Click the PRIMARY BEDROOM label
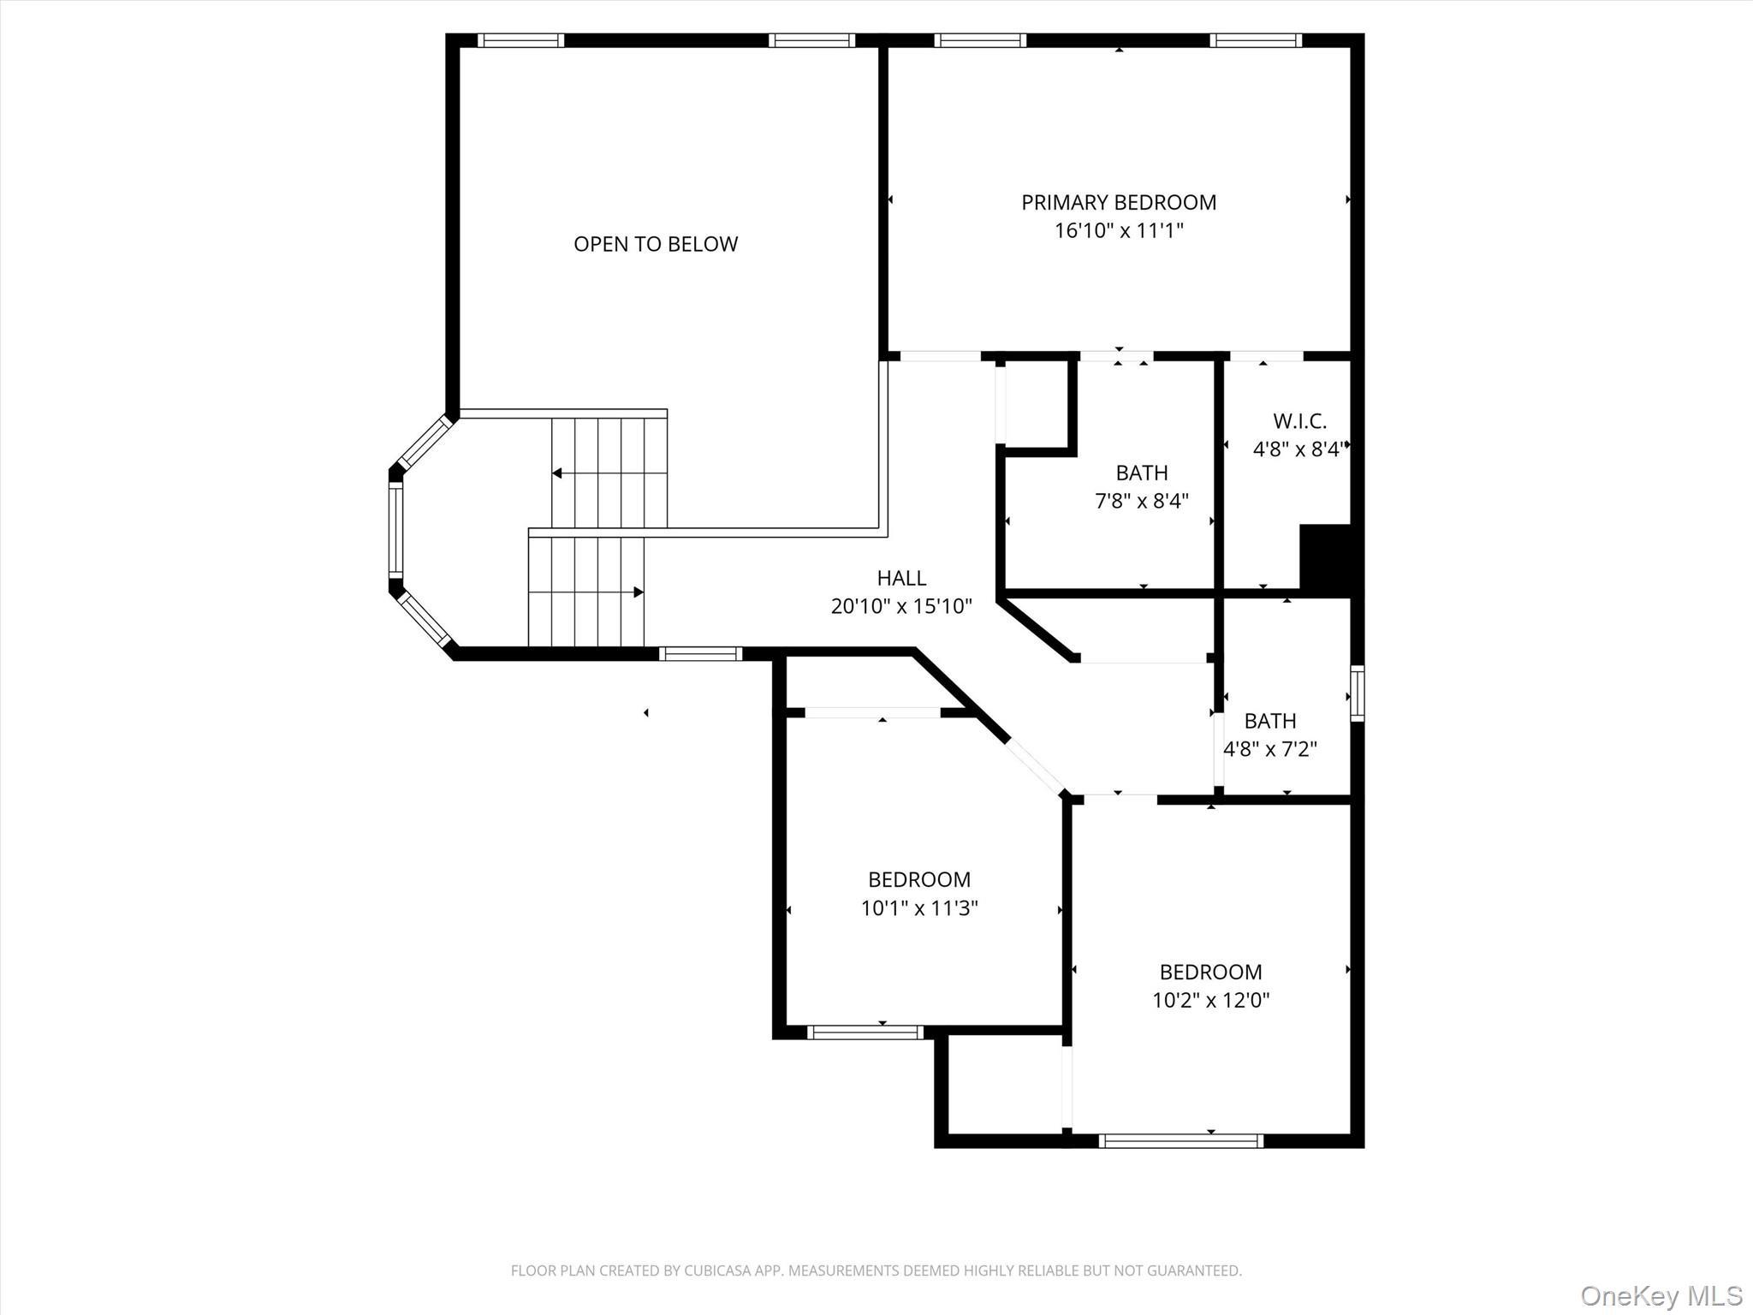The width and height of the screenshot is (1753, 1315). (1118, 203)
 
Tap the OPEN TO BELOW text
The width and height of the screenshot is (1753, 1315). (656, 244)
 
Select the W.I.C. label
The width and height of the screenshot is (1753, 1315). (1299, 421)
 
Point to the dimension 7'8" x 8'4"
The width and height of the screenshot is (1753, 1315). (1142, 501)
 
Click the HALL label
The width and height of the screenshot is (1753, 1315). (901, 578)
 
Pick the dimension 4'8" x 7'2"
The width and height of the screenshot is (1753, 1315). (1269, 749)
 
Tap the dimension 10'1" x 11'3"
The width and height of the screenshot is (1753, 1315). (919, 907)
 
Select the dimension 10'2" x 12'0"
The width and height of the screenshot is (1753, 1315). (1210, 1000)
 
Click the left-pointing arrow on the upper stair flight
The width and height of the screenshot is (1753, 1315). (557, 473)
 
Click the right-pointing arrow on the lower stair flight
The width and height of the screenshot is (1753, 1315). (638, 592)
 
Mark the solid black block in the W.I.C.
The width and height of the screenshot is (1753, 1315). (1325, 558)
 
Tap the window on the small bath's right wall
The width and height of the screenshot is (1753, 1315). (1357, 693)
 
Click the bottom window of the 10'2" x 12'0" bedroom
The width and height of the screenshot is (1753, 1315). (1180, 1140)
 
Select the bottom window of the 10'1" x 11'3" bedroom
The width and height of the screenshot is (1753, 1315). (865, 1032)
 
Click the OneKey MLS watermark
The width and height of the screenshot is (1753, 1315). (1661, 1295)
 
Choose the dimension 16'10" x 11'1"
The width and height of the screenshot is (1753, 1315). (1118, 230)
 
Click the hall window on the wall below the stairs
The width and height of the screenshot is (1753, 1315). (700, 654)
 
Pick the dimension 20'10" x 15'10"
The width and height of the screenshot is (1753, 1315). (901, 606)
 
